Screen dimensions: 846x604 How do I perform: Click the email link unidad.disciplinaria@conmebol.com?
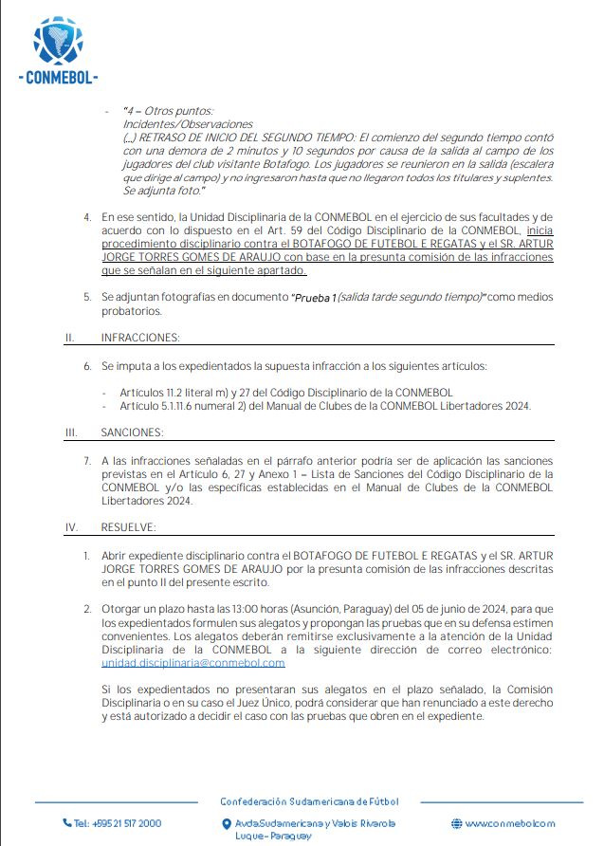[x=192, y=663]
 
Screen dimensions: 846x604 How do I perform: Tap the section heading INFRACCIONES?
[x=140, y=337]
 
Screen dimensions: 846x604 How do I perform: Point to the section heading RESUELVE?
[x=130, y=526]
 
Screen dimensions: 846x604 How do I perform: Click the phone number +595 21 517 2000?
[x=117, y=823]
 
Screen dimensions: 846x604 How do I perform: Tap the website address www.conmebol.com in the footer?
[x=509, y=823]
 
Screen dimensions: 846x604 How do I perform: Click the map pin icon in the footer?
[x=225, y=824]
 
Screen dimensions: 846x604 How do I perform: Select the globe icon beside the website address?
[x=456, y=823]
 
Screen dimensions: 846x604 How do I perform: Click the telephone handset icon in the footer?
[x=67, y=823]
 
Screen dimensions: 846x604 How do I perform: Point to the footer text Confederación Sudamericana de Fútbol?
[x=309, y=801]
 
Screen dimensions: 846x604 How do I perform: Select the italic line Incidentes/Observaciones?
[x=188, y=124]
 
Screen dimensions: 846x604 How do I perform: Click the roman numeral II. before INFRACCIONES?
[x=69, y=337]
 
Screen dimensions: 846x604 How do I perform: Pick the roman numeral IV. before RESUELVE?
[x=70, y=526]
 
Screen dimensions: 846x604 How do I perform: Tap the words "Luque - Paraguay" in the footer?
[x=273, y=836]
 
